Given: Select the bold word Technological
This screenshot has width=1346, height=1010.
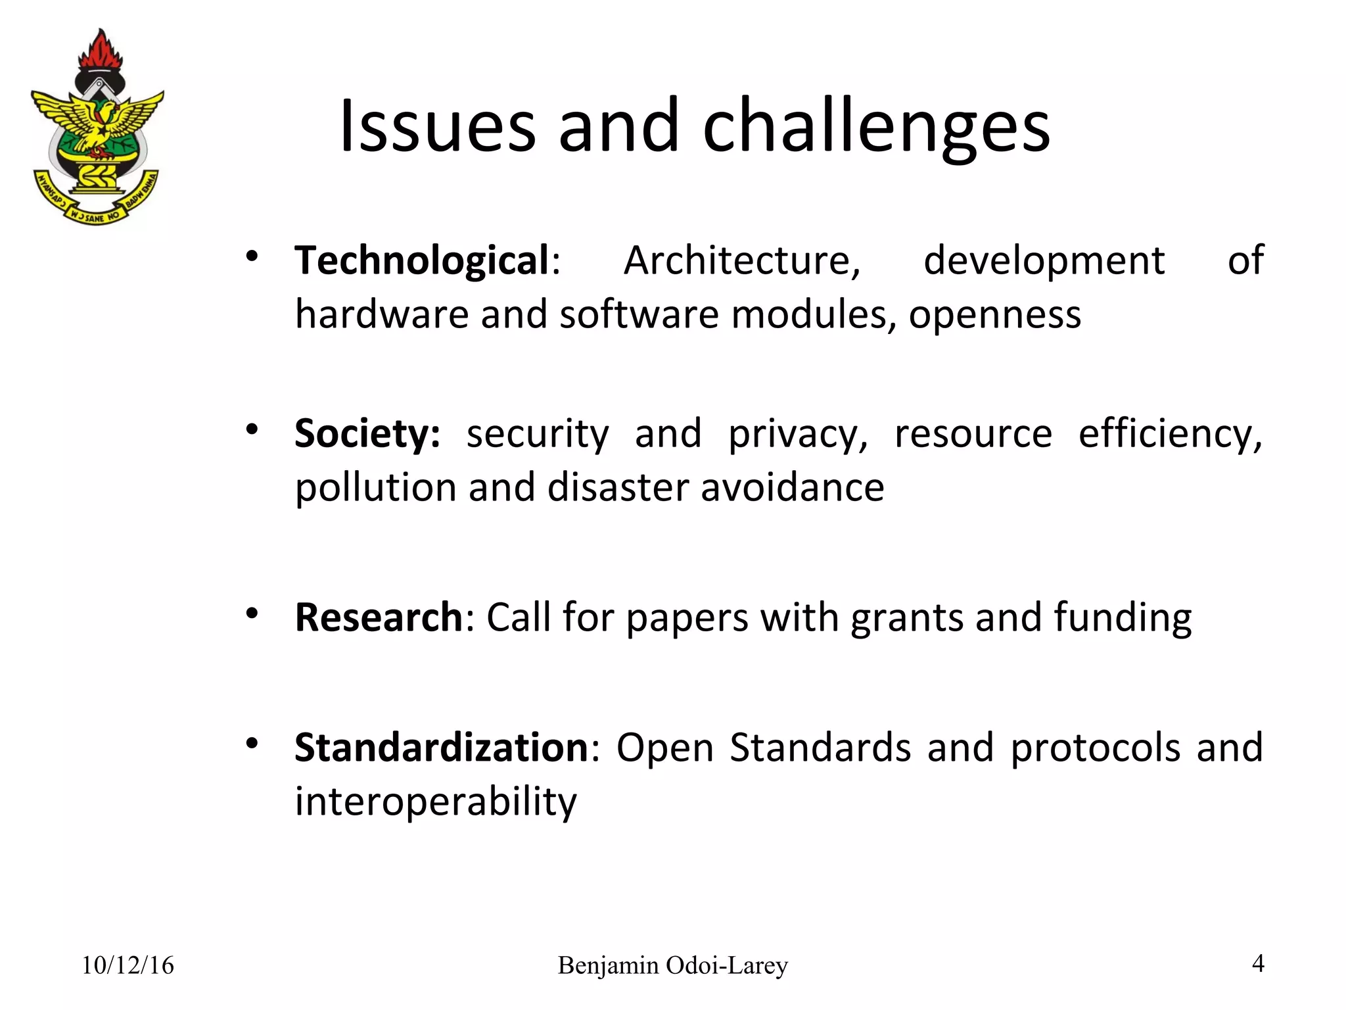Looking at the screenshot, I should point(421,261).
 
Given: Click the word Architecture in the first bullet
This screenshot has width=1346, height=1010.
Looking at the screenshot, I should point(741,261).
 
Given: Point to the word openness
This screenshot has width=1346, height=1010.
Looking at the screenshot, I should point(994,315).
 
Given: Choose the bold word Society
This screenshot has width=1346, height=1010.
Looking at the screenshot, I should point(367,434).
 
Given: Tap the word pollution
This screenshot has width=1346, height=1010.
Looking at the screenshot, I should point(375,488).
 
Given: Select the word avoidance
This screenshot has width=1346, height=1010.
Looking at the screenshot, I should point(792,488).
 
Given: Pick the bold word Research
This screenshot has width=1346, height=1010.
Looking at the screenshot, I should point(379,617).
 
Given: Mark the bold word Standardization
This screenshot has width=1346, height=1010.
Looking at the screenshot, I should point(441,748).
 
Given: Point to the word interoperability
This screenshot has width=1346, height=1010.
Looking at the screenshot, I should point(436,802).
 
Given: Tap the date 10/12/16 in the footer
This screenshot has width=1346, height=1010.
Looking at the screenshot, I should point(128,965).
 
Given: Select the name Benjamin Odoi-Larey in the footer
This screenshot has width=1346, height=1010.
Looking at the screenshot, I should point(672,965).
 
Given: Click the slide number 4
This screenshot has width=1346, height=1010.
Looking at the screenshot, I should point(1258,963).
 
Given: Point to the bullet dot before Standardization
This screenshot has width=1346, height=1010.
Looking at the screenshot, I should point(251,744).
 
